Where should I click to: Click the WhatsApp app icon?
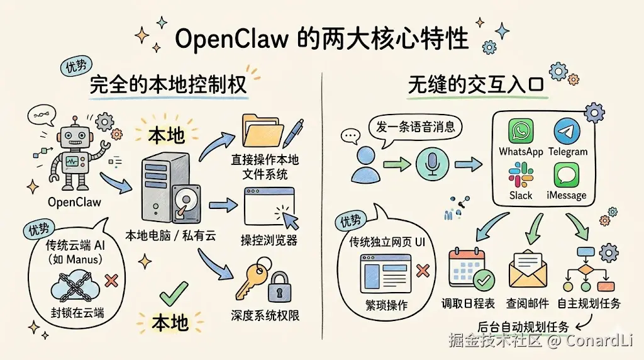coord(521,131)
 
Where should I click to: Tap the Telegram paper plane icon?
coord(567,131)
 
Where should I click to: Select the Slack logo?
coord(521,175)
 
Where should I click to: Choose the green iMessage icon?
coord(567,175)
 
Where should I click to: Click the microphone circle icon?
coord(432,164)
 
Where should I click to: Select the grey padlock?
coord(279,287)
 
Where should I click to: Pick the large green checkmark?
coord(174,293)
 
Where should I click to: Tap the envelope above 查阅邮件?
coord(528,269)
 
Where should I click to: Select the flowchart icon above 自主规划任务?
coord(589,269)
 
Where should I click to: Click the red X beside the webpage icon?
coord(423,271)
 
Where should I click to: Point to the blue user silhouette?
coord(365,165)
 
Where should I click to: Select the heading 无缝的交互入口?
coord(475,85)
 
